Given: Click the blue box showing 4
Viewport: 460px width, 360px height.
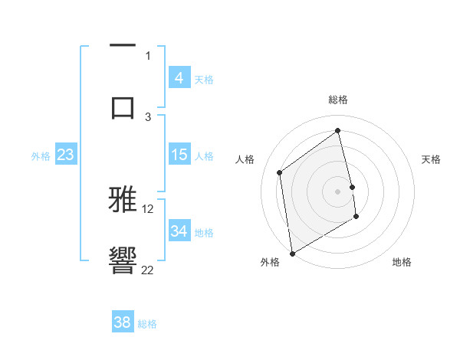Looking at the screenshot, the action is (179, 78).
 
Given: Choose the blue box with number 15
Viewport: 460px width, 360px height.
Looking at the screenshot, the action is (179, 155).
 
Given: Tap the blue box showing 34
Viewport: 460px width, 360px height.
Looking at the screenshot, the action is (179, 231).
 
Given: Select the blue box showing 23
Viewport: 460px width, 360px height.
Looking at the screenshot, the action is (65, 155).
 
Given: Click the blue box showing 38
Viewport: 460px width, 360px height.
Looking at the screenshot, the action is (123, 322).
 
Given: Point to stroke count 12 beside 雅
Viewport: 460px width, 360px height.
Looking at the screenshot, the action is (148, 208).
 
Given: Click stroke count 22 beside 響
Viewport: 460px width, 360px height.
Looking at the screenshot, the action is (148, 270).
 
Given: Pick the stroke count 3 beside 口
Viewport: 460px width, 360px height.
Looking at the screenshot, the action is (148, 116).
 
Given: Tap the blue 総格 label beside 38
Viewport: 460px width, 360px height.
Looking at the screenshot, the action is (147, 324).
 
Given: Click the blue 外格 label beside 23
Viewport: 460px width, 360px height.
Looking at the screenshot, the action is (41, 156).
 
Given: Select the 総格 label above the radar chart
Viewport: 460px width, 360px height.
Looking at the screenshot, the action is (338, 100).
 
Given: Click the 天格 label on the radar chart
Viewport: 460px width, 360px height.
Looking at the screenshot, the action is (432, 159).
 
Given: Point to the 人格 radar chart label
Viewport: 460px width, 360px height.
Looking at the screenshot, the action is (245, 159).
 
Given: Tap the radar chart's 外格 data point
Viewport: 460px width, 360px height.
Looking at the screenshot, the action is (291, 253).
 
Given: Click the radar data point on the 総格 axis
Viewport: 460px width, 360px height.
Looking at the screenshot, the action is (338, 130).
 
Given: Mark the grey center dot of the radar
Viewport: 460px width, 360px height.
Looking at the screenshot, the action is (338, 191).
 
